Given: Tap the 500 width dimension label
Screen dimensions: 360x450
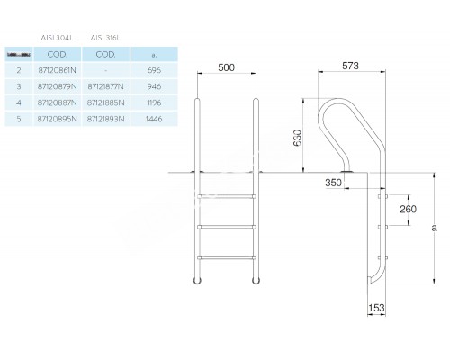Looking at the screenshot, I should (x=226, y=67).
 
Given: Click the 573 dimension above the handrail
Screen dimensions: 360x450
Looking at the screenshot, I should (x=352, y=67).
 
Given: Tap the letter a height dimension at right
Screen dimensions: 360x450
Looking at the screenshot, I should (x=435, y=229).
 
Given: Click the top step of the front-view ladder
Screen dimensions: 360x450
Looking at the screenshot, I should (x=226, y=193).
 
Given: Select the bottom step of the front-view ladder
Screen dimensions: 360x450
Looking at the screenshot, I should (x=226, y=257).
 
